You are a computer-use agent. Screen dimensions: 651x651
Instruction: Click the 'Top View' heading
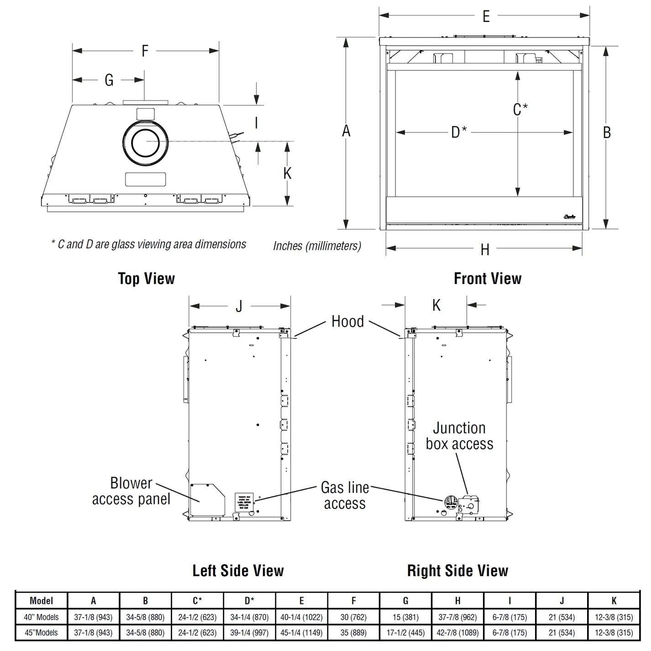(x=146, y=278)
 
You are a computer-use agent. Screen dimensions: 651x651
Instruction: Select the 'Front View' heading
(x=487, y=278)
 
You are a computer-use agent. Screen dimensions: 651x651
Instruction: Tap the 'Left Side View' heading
(x=238, y=571)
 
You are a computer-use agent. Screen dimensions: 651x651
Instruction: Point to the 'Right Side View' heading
(x=457, y=571)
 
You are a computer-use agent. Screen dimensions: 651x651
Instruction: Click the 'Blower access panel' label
(x=131, y=491)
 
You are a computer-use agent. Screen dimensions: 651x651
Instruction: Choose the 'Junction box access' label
(x=459, y=436)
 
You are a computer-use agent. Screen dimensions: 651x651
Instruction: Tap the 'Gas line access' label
(x=345, y=495)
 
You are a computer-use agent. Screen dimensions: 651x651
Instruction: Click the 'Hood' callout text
(x=347, y=321)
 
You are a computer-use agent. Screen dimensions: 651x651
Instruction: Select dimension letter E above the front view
(x=486, y=16)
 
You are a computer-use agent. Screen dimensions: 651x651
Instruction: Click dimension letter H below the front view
(x=485, y=250)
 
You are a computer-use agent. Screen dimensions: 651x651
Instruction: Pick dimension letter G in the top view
(x=109, y=80)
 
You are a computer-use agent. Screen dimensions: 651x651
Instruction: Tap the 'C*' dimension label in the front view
(x=520, y=110)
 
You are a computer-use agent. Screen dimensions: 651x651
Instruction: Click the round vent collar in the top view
(x=145, y=142)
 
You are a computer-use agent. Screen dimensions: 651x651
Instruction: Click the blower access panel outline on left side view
(x=207, y=499)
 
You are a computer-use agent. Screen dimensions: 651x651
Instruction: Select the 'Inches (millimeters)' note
(x=317, y=246)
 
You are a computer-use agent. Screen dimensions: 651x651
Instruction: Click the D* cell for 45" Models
(x=249, y=633)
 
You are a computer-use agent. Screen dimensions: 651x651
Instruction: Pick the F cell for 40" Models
(x=353, y=617)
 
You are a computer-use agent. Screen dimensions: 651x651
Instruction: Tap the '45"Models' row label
(x=41, y=633)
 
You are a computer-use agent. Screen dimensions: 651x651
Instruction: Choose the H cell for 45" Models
(x=457, y=633)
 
